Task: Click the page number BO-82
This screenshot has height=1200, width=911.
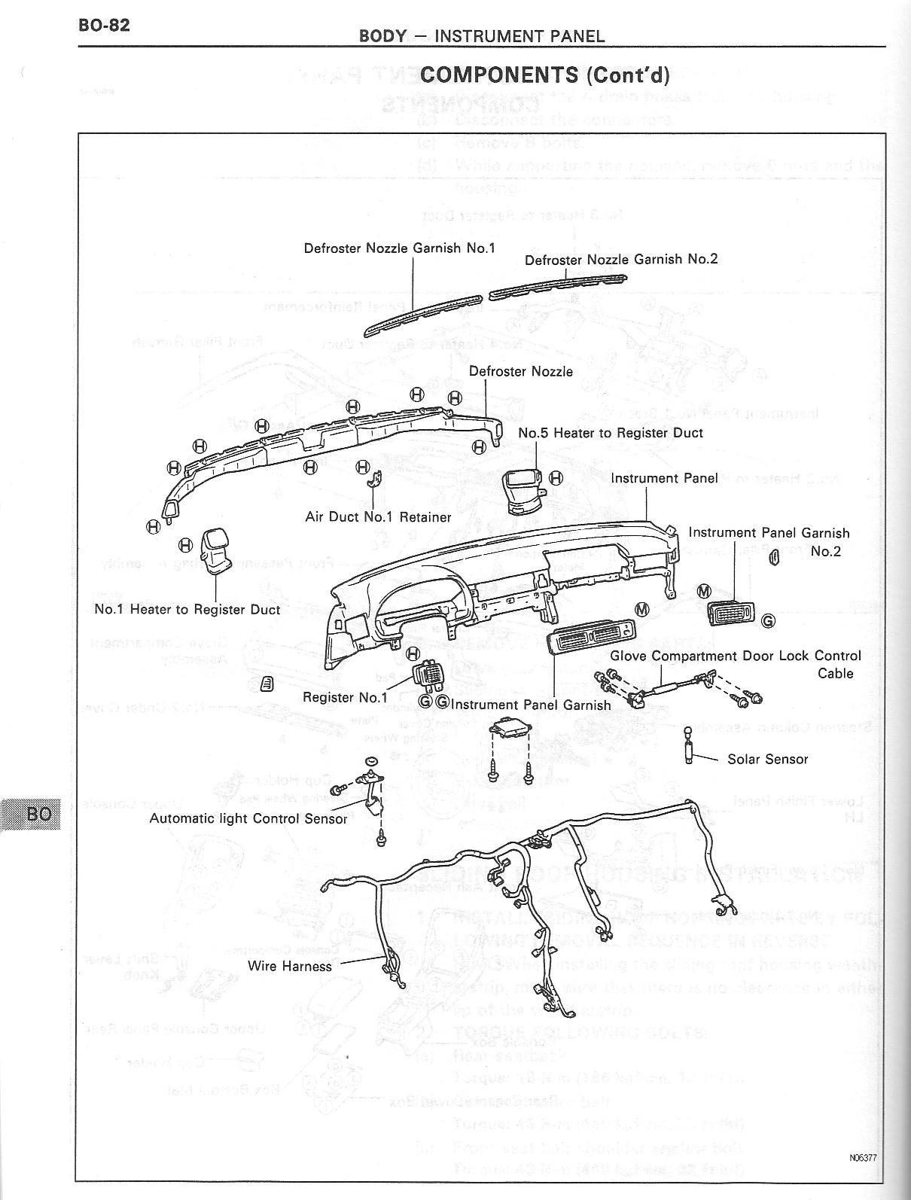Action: [104, 25]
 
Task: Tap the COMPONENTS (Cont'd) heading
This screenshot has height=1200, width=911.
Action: [545, 75]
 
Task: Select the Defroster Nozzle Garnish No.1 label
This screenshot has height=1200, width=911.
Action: [399, 248]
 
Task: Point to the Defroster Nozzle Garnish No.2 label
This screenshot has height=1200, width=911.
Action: [621, 259]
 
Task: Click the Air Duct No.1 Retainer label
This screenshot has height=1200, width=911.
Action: [378, 517]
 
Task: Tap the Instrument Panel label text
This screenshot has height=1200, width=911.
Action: [664, 478]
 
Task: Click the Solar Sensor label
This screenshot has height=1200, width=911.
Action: [767, 759]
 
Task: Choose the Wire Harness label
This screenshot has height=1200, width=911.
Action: [290, 966]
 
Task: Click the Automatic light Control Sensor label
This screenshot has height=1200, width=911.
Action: [248, 818]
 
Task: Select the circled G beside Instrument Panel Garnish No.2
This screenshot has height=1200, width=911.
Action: [768, 621]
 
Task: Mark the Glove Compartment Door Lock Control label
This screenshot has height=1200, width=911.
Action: [735, 656]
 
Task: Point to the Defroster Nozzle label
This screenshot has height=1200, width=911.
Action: [520, 371]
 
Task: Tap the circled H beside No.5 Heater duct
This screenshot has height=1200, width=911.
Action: [556, 478]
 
